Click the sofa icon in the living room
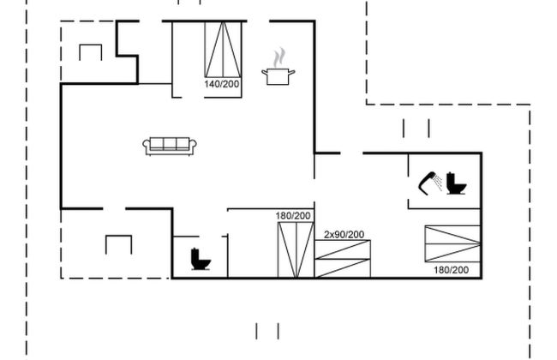coord(170,146)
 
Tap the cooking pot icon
coord(278,76)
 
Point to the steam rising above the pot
coord(279,57)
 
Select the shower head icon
coord(430,183)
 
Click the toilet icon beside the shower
coord(456,183)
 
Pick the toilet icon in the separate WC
coord(201,259)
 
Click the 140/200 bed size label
coord(222,84)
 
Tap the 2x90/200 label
coord(344,235)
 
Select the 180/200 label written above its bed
coord(293,216)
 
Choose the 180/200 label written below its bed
coord(451,270)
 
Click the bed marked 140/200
coord(223,50)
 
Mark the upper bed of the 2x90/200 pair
coord(343,249)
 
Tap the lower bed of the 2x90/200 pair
coord(343,268)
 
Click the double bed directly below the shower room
coord(453,243)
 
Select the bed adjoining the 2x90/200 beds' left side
coord(296,249)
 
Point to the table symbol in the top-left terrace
coord(91,52)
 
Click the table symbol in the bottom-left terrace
coord(118,244)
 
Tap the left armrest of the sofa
coord(147,147)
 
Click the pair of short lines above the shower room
coord(416,129)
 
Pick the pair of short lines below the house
coord(267,331)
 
